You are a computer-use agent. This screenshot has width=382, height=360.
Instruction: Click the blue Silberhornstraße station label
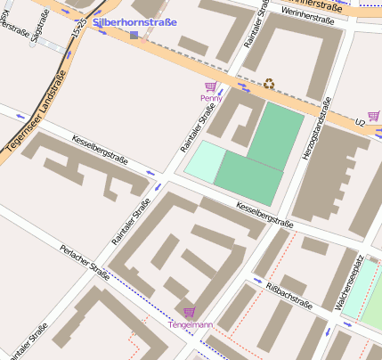click(134, 21)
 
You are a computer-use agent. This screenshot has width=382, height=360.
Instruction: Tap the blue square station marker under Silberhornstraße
click(134, 35)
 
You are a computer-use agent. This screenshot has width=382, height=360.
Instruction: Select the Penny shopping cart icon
click(211, 86)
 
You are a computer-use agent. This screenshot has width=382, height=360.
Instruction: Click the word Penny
click(211, 97)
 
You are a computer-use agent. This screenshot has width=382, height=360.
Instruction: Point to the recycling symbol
click(268, 85)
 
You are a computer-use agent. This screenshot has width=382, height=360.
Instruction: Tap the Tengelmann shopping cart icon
click(189, 312)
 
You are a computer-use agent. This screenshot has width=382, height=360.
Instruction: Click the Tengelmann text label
click(191, 325)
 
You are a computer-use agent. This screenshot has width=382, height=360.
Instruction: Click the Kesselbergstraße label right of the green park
click(264, 213)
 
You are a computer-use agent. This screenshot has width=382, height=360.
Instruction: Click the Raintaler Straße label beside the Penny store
click(199, 128)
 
